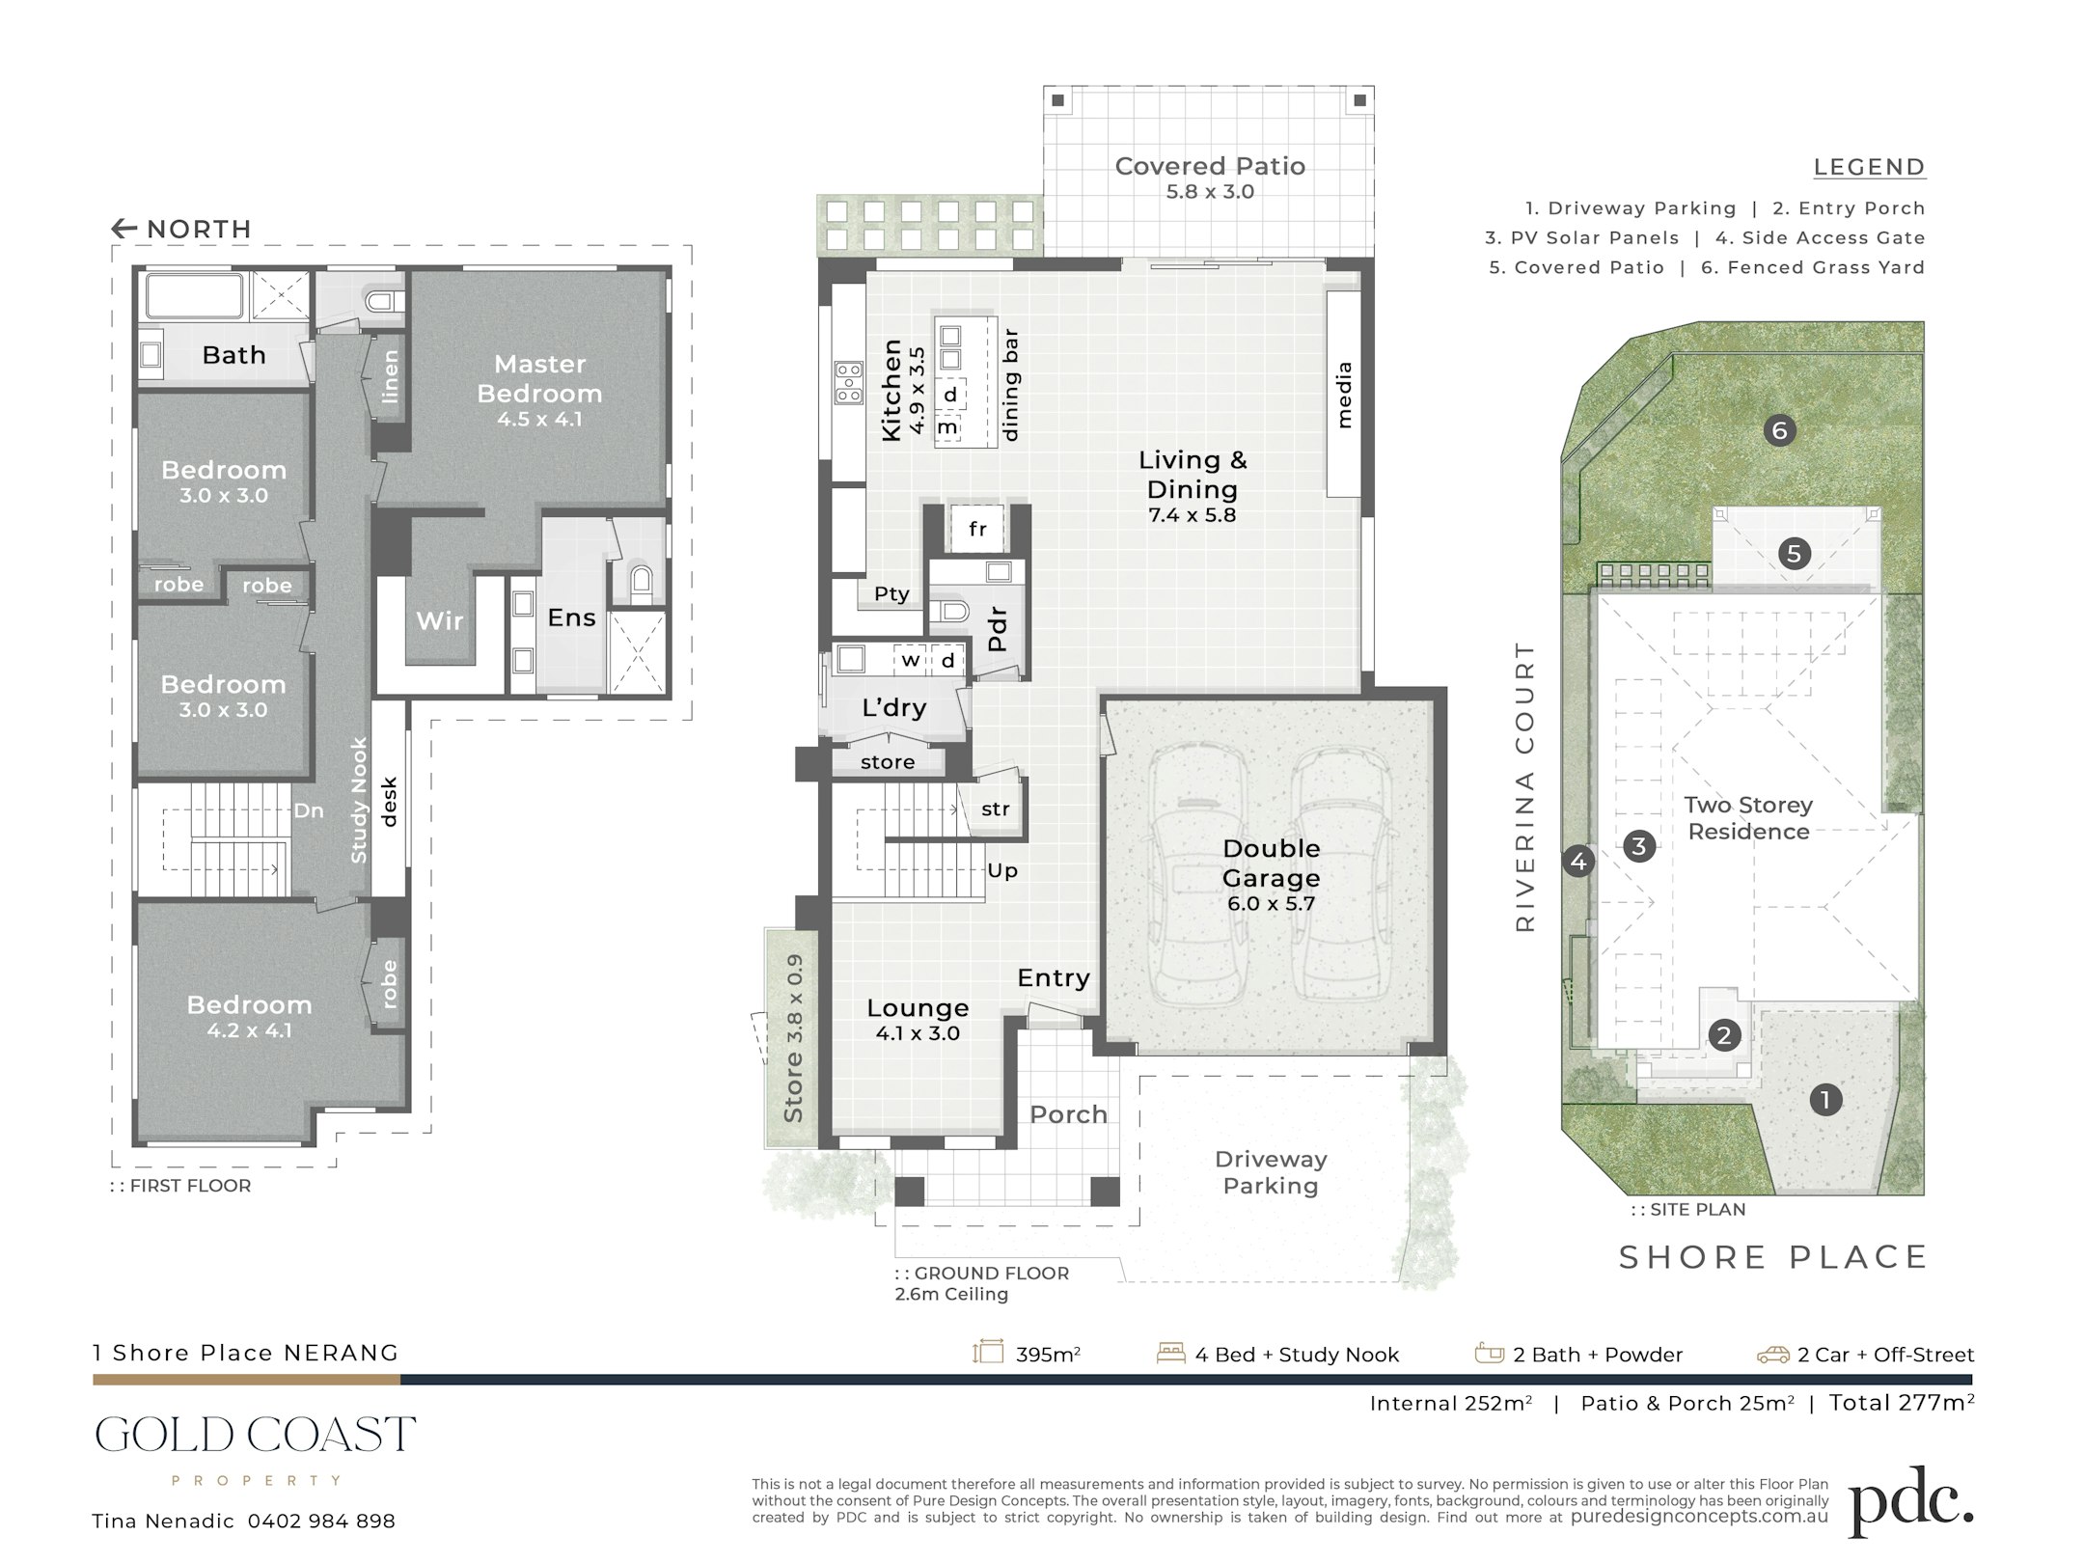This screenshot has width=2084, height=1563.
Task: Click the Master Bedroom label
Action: coord(539,378)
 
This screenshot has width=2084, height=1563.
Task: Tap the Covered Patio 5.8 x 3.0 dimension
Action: coord(1210,192)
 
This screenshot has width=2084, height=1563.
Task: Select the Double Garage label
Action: coord(1272,863)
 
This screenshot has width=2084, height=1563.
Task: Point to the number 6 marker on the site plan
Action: coord(1779,430)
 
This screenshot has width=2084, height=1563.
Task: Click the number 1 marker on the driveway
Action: coord(1824,1099)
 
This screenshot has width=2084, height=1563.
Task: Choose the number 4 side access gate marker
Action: coord(1578,861)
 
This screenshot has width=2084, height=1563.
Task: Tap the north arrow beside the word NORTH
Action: coord(124,229)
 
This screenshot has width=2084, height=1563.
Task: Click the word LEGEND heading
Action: coord(1869,167)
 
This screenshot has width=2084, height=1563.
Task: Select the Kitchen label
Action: coord(891,390)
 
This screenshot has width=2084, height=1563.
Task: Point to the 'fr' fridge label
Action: coord(977,529)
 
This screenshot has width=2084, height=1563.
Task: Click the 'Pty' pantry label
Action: coord(891,593)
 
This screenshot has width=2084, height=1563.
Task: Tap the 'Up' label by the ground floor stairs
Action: coord(1002,870)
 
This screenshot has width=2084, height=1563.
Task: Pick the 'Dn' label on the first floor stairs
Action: coord(309,810)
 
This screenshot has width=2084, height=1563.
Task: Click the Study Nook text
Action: coord(359,801)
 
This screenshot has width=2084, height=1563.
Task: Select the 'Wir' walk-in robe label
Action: coord(440,620)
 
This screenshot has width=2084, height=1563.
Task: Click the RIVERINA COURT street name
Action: coord(1524,787)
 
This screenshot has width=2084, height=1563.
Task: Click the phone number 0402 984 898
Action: coord(321,1522)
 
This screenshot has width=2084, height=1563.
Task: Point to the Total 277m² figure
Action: coord(1902,1403)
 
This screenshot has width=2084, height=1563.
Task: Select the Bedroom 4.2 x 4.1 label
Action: coord(249,1017)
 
